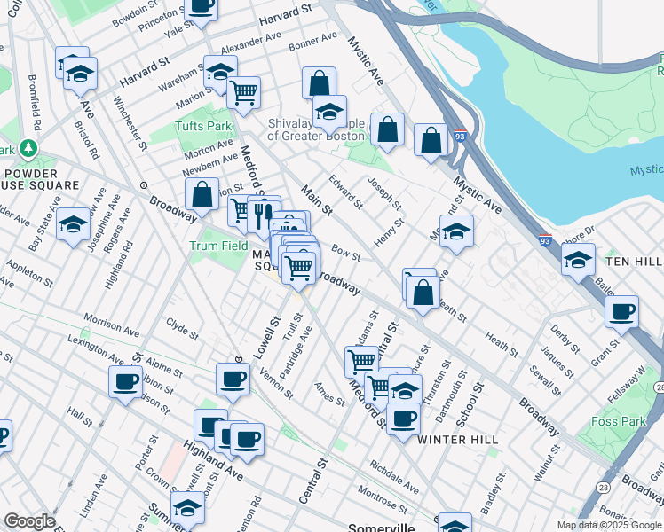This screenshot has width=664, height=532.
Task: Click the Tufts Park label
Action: [203, 126]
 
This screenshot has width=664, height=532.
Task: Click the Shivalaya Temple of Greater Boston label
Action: [316, 129]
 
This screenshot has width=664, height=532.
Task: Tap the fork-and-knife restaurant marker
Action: [261, 213]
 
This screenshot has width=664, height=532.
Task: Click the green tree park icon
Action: [29, 148]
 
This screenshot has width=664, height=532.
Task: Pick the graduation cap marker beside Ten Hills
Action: [578, 261]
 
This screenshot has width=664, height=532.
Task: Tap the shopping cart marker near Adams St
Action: [361, 361]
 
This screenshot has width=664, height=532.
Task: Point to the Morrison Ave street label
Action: [111, 323]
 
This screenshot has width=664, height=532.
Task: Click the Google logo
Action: [30, 521]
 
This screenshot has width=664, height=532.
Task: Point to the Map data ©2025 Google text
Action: [608, 525]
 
